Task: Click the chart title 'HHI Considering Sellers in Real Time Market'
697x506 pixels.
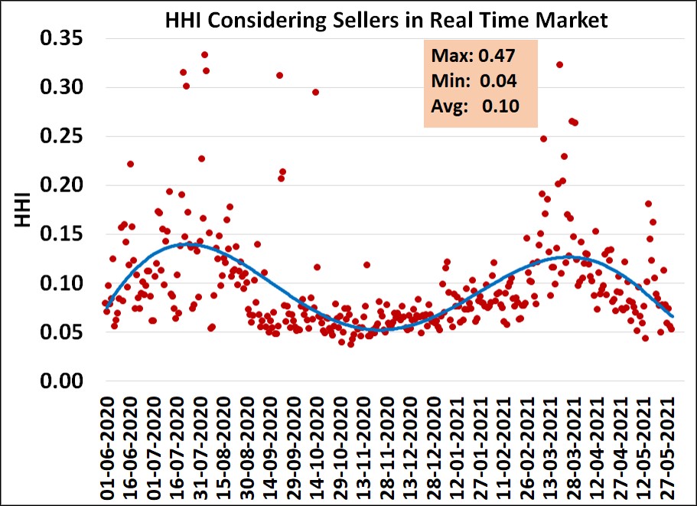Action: pos(386,21)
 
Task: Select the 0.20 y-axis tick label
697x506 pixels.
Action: pos(62,185)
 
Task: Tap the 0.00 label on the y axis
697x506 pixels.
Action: pos(62,381)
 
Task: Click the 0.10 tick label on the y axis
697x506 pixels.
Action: pos(62,283)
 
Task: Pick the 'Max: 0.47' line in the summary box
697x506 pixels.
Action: pos(473,56)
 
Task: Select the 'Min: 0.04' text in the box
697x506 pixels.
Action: pos(474,81)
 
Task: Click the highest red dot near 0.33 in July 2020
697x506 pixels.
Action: pos(205,55)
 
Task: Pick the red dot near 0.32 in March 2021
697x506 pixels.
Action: pos(559,65)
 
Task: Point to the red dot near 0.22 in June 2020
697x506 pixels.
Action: pos(131,164)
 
